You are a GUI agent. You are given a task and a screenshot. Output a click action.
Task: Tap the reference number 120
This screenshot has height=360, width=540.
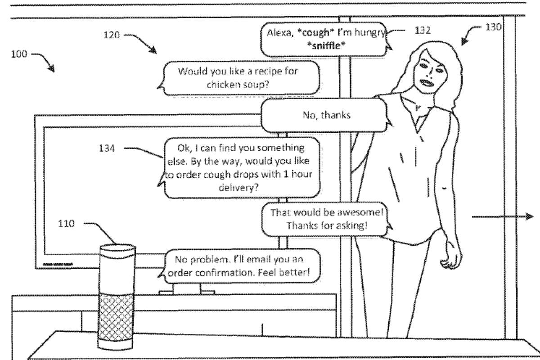pos(112,35)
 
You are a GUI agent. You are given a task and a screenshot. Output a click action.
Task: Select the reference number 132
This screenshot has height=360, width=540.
pos(423,31)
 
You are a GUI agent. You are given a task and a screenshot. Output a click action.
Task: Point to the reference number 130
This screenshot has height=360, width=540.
pos(493,27)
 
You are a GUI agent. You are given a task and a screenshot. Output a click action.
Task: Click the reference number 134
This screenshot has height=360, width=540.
pos(107,148)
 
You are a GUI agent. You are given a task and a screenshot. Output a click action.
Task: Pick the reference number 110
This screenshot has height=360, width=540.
pos(67,224)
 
